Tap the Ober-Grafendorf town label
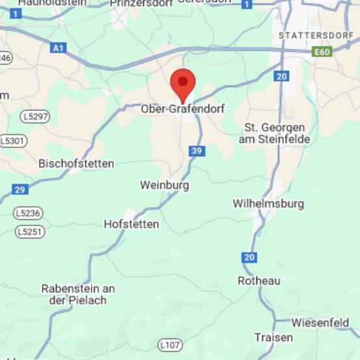click(x=183, y=109)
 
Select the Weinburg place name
click(x=165, y=186)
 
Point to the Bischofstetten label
click(x=77, y=163)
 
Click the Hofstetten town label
click(x=132, y=224)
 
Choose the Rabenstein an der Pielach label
click(x=78, y=294)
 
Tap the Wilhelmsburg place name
click(x=268, y=204)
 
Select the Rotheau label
click(x=259, y=281)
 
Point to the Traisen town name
click(x=269, y=337)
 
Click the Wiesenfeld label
click(x=320, y=322)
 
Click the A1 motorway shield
click(x=59, y=48)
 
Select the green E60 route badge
click(x=322, y=51)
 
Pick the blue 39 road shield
click(x=196, y=151)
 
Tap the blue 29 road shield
click(x=20, y=189)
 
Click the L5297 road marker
click(x=35, y=116)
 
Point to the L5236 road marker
click(x=30, y=214)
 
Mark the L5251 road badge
click(x=30, y=231)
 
